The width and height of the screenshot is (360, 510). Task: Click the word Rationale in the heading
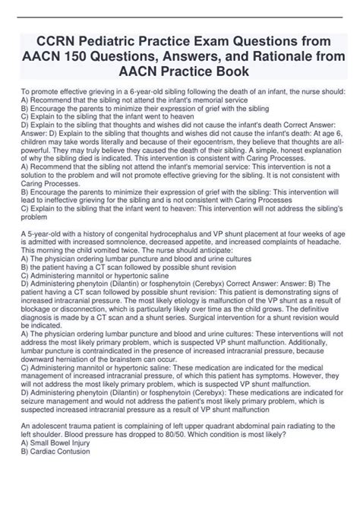(x=267, y=55)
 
